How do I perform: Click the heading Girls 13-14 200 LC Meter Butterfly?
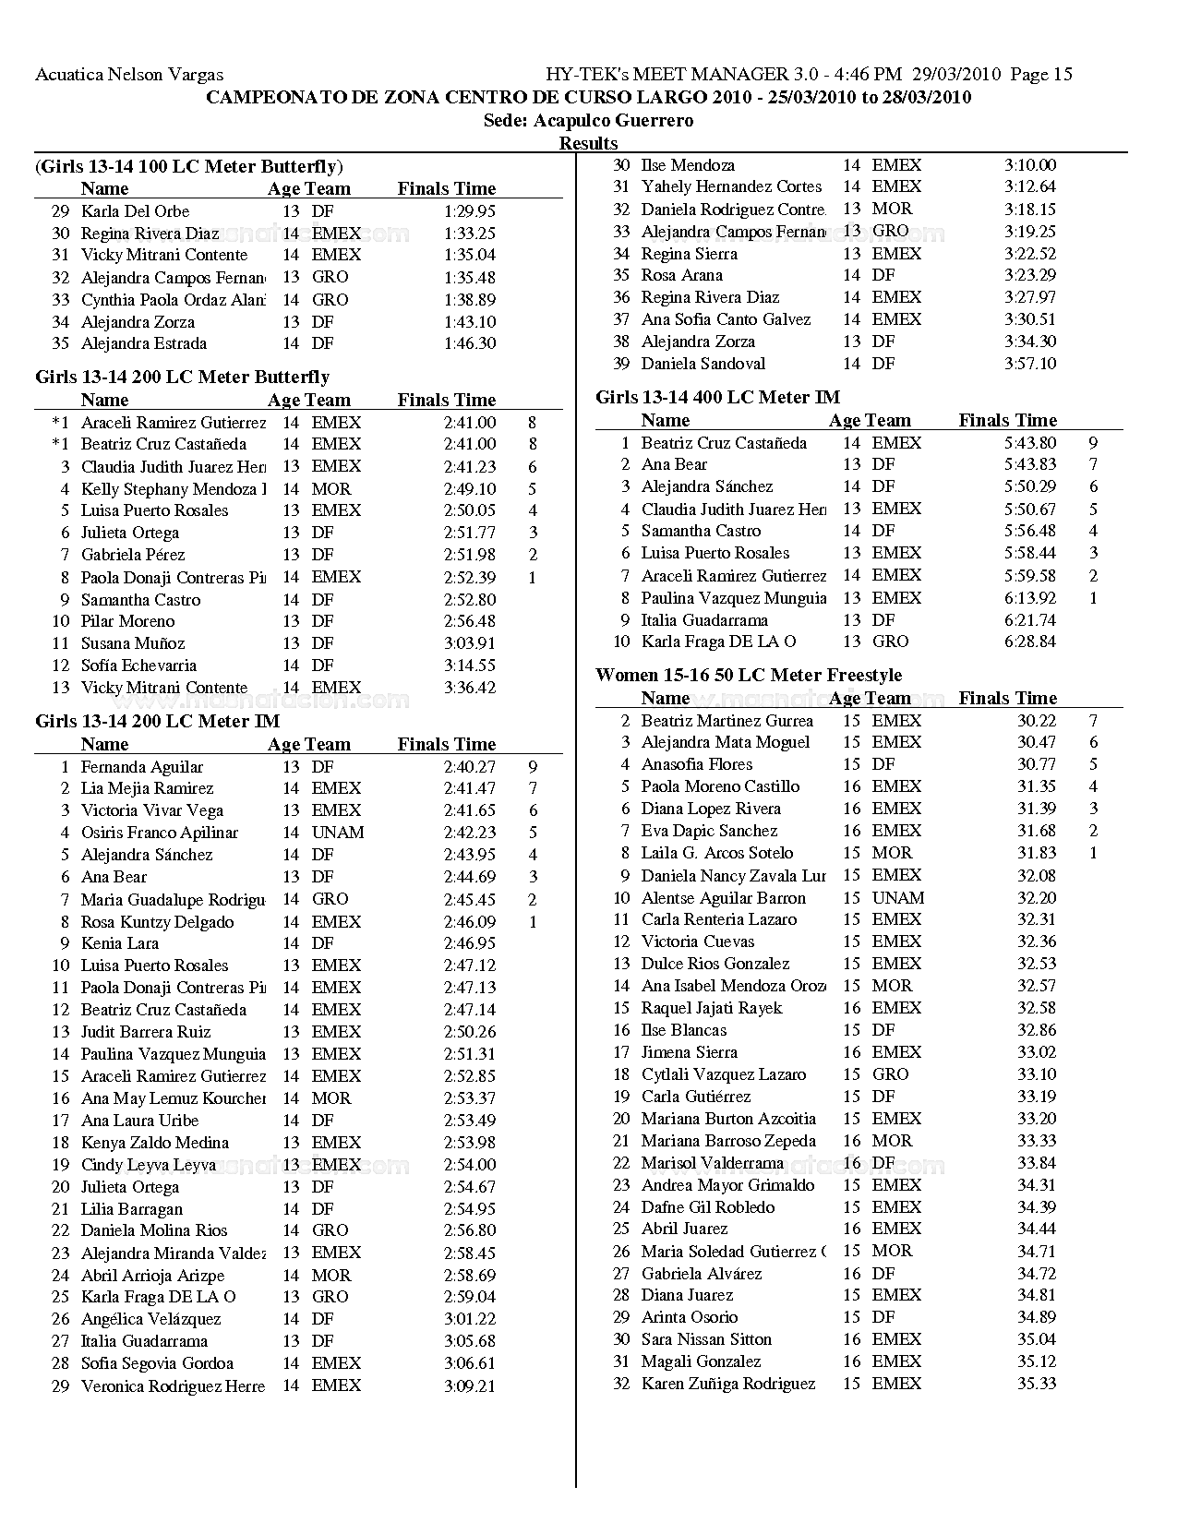182,377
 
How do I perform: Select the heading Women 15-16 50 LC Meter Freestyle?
749,675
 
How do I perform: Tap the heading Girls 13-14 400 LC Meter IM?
717,397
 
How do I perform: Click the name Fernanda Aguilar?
142,766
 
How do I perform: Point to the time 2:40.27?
469,766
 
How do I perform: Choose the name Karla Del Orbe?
135,210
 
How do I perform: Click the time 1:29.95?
469,210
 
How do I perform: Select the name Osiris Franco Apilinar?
160,833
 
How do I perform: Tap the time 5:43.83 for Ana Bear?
1029,464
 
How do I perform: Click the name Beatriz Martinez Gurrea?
727,720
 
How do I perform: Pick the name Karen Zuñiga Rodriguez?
728,1384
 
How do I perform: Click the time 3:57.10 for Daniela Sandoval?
1029,364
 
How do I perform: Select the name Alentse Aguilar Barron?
724,897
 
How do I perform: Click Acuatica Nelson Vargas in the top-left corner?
129,75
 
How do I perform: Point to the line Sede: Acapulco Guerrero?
588,120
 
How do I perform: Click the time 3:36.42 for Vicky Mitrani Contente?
469,688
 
